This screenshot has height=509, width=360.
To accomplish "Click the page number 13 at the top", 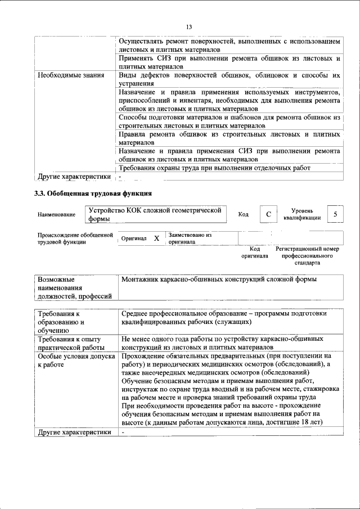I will [x=189, y=27].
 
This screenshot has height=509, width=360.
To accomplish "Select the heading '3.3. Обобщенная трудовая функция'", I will [x=93, y=193].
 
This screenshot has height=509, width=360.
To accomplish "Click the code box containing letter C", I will [x=268, y=214].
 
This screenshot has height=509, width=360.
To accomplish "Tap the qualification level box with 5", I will [x=335, y=214].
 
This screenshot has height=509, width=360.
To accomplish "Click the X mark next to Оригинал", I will [x=156, y=238].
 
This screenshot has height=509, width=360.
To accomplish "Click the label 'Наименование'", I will [x=56, y=215].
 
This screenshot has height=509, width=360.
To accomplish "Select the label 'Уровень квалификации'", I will [x=302, y=214].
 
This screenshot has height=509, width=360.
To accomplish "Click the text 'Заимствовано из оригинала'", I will [x=190, y=238].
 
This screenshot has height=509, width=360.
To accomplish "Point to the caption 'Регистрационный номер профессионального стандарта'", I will [x=307, y=255].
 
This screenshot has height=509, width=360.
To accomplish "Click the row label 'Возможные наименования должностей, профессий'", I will [x=73, y=288].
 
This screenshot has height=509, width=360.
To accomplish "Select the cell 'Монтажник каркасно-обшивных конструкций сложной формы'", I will [x=219, y=280].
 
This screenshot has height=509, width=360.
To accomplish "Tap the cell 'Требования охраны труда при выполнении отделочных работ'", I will [x=215, y=168].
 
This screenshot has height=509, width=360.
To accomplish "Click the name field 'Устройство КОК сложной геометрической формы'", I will [x=155, y=214].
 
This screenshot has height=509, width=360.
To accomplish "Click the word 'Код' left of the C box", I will [x=244, y=214].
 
